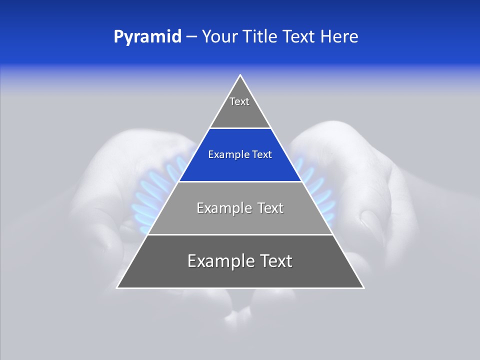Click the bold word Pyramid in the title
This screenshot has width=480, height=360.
click(147, 37)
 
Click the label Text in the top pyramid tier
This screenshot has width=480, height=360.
click(239, 101)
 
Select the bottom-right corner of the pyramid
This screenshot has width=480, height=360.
click(363, 287)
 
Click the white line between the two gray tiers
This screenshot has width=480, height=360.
click(240, 234)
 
